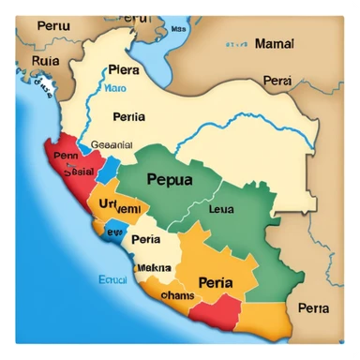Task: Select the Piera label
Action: [x=124, y=69]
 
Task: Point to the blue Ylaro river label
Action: [x=114, y=89]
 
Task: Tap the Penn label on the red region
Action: [x=67, y=157]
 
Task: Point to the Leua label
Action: [x=222, y=210]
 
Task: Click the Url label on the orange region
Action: [x=105, y=202]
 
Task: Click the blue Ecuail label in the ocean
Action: [x=113, y=278]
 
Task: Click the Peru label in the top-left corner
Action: [x=54, y=25]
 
